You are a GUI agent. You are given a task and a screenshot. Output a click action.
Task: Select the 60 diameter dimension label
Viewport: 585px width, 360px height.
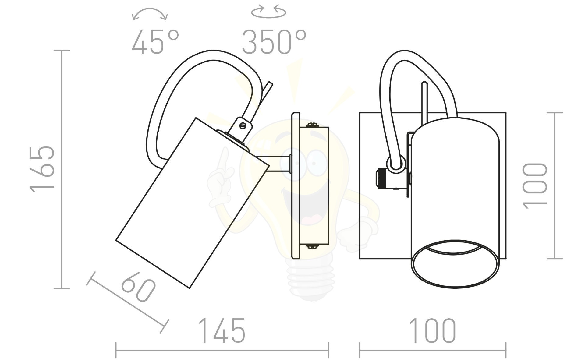pos(138,287)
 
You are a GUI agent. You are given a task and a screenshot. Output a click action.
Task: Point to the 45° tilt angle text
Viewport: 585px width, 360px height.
pos(155,42)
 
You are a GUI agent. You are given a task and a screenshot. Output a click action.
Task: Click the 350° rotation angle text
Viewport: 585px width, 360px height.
pos(274,42)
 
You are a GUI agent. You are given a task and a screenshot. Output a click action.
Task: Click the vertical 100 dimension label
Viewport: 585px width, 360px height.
pos(535,186)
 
